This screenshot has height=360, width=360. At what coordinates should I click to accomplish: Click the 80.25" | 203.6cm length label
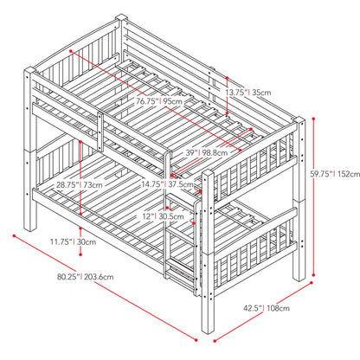coord(86,277)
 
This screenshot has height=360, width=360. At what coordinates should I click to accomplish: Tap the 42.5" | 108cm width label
coord(267,308)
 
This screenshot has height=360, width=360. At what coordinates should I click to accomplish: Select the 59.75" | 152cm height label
coord(335,174)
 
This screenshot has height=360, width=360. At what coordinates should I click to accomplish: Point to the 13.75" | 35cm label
coord(248,93)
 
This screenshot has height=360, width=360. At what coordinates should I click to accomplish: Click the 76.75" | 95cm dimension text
coord(159,101)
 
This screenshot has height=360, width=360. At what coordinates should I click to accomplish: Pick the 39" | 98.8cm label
coord(207,152)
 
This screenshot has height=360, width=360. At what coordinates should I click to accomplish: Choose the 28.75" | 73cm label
coord(80,184)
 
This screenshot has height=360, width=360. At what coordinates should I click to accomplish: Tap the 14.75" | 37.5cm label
coord(167,184)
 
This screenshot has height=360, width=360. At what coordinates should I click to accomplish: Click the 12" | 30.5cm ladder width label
coord(163,216)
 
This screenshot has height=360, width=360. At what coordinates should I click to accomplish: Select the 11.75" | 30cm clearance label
coord(74,241)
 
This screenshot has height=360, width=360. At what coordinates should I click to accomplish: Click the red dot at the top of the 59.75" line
coord(314,119)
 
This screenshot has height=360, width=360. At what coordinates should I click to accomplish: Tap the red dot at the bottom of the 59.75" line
coord(314,275)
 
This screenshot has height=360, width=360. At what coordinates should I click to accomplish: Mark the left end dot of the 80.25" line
coord(14,235)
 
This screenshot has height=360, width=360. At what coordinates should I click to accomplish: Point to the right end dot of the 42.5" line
coord(312,283)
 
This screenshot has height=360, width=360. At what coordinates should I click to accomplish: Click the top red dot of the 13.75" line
coord(228,78)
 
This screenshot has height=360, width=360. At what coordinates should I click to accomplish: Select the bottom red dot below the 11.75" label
coord(80,254)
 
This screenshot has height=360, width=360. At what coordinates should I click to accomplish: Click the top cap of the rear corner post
coord(121,17)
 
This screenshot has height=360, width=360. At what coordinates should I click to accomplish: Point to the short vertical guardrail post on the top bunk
coord(100,132)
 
